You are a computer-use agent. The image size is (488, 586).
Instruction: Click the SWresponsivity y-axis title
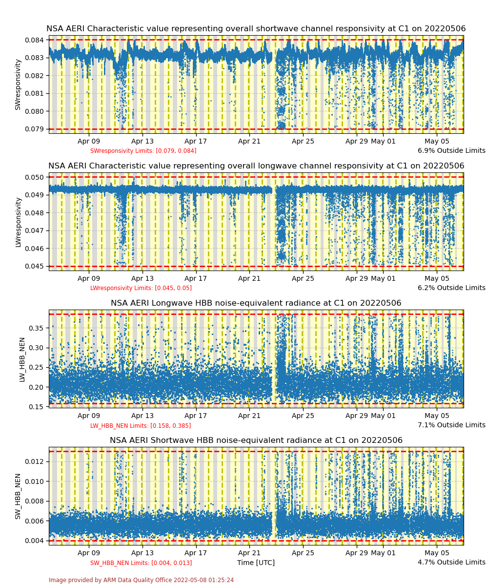click(18, 84)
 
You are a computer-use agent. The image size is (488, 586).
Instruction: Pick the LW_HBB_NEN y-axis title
click(22, 359)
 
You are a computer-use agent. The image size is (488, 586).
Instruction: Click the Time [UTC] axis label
click(256, 563)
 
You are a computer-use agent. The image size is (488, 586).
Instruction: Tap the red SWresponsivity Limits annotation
click(143, 151)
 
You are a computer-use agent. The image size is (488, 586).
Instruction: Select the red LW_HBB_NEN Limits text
click(141, 426)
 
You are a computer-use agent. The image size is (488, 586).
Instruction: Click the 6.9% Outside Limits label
click(451, 150)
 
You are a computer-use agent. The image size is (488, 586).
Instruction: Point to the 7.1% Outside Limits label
click(451, 425)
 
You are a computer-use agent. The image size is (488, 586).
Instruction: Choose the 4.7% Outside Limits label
click(451, 562)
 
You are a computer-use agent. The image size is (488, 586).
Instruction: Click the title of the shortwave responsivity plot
click(256, 29)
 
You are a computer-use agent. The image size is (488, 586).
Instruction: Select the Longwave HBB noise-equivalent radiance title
click(256, 303)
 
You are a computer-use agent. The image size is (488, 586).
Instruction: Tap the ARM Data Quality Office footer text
click(141, 580)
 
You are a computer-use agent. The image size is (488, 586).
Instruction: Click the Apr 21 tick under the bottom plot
click(249, 553)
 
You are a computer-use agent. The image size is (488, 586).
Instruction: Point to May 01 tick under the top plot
click(383, 141)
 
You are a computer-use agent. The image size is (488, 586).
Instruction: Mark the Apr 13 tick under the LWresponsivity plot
click(142, 278)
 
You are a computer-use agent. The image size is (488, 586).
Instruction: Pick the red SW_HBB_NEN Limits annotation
click(141, 563)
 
